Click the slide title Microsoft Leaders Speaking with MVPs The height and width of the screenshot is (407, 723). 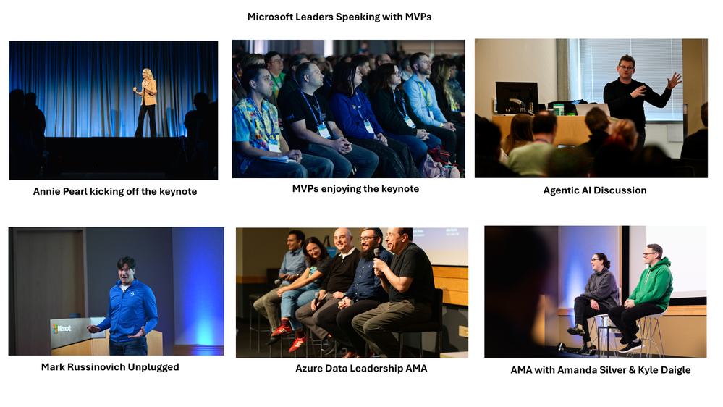coord(339,17)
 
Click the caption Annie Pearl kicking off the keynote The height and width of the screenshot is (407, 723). coord(115,191)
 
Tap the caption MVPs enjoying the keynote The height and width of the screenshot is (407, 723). coord(355,189)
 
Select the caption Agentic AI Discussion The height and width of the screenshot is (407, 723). coord(595,190)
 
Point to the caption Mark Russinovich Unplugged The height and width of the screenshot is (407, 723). coord(110,367)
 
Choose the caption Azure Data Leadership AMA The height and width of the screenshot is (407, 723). coord(361,368)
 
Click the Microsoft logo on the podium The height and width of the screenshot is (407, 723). coord(62,329)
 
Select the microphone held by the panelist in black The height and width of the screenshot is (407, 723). coord(377,253)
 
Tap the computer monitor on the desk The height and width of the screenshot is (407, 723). coord(517,97)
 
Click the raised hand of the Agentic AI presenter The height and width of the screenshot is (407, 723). coord(674,80)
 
